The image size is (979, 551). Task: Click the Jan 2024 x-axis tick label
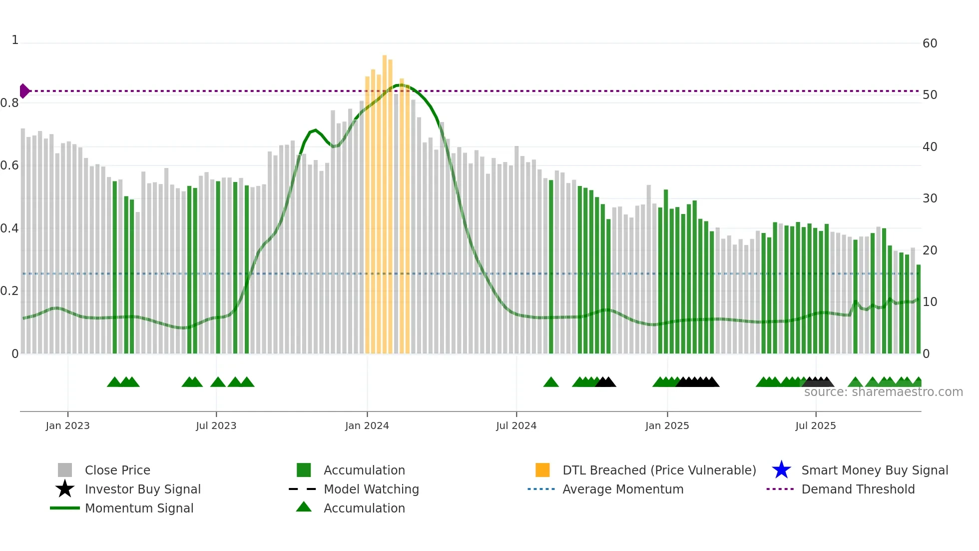pyautogui.click(x=367, y=426)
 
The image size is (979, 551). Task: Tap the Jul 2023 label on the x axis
pyautogui.click(x=216, y=426)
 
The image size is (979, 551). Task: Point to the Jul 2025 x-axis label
pyautogui.click(x=815, y=426)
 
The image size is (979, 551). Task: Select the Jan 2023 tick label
pyautogui.click(x=67, y=426)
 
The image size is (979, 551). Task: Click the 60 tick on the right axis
pyautogui.click(x=930, y=43)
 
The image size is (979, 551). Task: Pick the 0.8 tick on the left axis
pyautogui.click(x=9, y=103)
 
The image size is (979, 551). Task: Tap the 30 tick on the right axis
pyautogui.click(x=930, y=198)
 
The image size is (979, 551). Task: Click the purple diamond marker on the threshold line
pyautogui.click(x=24, y=91)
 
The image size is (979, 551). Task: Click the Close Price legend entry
pyautogui.click(x=117, y=470)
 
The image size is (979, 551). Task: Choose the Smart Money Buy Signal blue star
pyautogui.click(x=781, y=470)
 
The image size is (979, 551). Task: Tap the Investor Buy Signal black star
pyautogui.click(x=65, y=489)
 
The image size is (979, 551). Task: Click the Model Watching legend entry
pyautogui.click(x=371, y=489)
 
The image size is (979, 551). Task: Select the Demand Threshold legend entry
pyautogui.click(x=858, y=489)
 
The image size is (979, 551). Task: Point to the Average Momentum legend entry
pyautogui.click(x=623, y=489)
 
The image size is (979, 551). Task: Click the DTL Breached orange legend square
pyautogui.click(x=542, y=470)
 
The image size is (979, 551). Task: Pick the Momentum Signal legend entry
pyautogui.click(x=139, y=508)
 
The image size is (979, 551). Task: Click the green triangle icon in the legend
pyautogui.click(x=304, y=507)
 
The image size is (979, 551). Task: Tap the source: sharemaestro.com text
pyautogui.click(x=883, y=392)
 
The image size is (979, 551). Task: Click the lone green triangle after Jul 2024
pyautogui.click(x=551, y=382)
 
